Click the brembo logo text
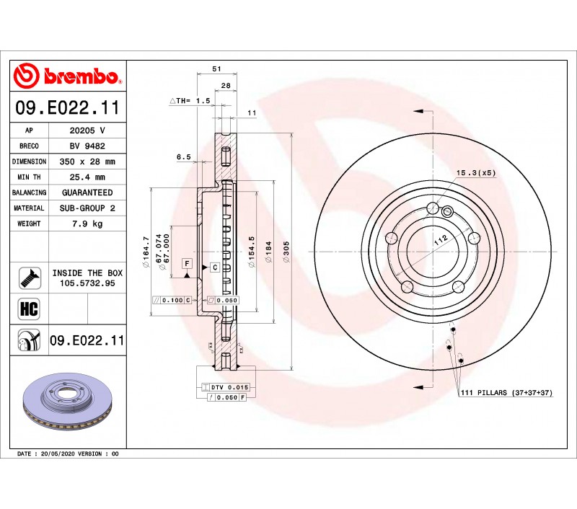[81, 76]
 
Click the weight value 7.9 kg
[87, 223]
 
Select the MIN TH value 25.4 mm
[87, 177]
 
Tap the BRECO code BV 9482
[87, 146]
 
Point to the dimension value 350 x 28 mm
[87, 161]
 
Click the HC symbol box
[29, 309]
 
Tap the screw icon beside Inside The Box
[30, 278]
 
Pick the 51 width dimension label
[217, 68]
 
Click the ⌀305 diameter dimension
[286, 252]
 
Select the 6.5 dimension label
[184, 157]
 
